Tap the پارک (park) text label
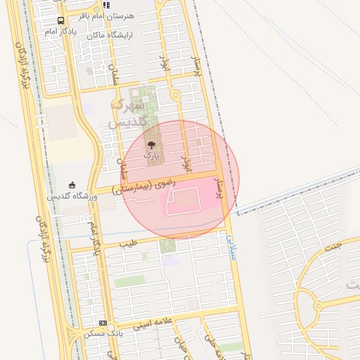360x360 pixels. pyautogui.click(x=151, y=154)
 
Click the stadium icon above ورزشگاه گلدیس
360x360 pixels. pyautogui.click(x=72, y=185)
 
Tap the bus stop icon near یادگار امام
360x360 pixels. pyautogui.click(x=61, y=21)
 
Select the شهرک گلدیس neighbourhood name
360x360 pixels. pyautogui.click(x=127, y=114)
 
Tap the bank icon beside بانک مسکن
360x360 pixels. pyautogui.click(x=103, y=323)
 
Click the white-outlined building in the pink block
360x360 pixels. pyautogui.click(x=182, y=202)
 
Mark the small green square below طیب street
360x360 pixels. pyautogui.click(x=167, y=245)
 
